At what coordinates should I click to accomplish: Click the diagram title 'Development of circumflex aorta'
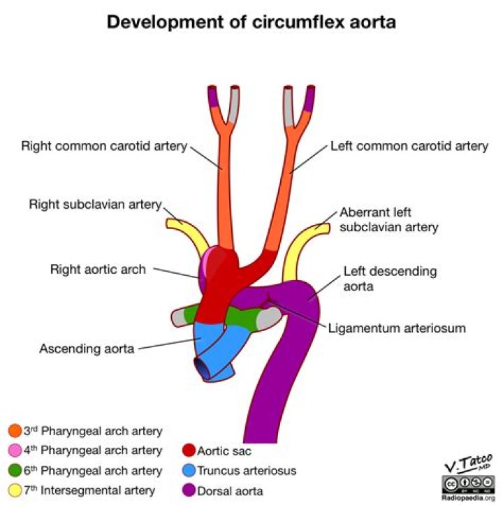click(251, 22)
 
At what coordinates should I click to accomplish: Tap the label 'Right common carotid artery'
click(104, 146)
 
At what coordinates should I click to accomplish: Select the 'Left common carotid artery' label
click(409, 146)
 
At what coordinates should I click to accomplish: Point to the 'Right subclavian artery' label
click(96, 205)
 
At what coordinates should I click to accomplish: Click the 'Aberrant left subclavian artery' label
click(389, 219)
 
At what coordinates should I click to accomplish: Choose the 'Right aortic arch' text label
click(98, 269)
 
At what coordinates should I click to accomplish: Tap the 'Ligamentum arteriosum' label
click(397, 328)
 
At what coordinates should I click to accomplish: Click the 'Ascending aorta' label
click(87, 349)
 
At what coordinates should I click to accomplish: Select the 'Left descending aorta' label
click(390, 279)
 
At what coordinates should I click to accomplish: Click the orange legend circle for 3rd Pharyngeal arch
click(15, 431)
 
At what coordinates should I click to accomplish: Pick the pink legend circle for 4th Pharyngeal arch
click(15, 451)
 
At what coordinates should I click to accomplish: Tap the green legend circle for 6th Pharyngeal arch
click(15, 471)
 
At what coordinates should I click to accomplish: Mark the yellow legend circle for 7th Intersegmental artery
click(15, 490)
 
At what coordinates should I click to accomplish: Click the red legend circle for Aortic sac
click(189, 451)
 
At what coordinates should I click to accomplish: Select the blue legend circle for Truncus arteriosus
click(189, 471)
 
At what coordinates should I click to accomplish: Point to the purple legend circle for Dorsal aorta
click(189, 490)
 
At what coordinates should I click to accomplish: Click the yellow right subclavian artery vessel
click(191, 233)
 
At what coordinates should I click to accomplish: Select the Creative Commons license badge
click(468, 484)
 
